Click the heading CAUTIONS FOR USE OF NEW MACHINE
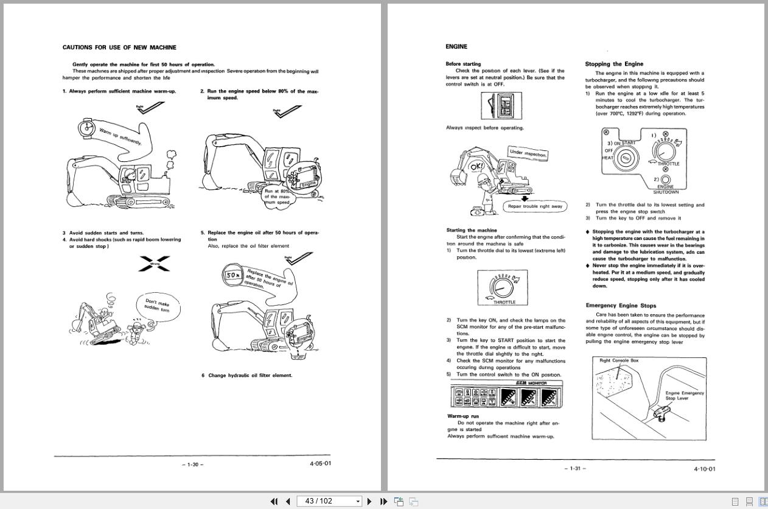(119, 47)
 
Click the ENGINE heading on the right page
(456, 46)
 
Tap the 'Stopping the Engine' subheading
(613, 64)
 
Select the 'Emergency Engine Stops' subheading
(621, 306)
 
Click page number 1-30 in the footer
(193, 465)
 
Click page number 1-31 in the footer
(575, 468)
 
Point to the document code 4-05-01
(320, 463)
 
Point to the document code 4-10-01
(704, 469)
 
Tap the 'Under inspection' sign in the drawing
(528, 153)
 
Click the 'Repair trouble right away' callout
(535, 206)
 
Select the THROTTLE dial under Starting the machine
(503, 287)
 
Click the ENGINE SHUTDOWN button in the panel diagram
(665, 180)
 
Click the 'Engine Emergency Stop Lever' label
(684, 396)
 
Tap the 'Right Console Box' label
(619, 360)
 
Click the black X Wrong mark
(155, 264)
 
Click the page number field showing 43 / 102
(329, 501)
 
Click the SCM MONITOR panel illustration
(506, 395)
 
